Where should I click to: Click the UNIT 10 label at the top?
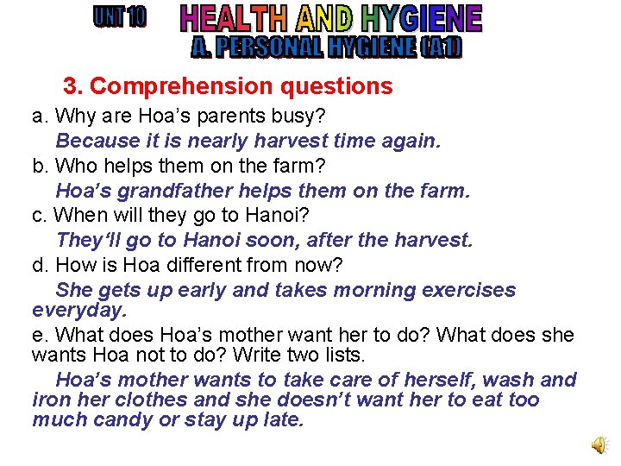click(x=119, y=17)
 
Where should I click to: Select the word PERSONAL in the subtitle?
click(x=268, y=46)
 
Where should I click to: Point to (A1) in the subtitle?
click(x=442, y=46)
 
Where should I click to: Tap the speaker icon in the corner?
click(x=598, y=444)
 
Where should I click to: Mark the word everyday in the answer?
click(x=78, y=308)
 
